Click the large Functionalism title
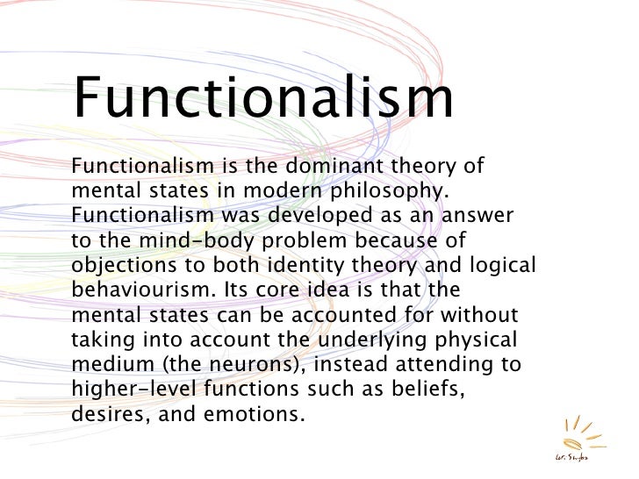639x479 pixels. click(262, 98)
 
